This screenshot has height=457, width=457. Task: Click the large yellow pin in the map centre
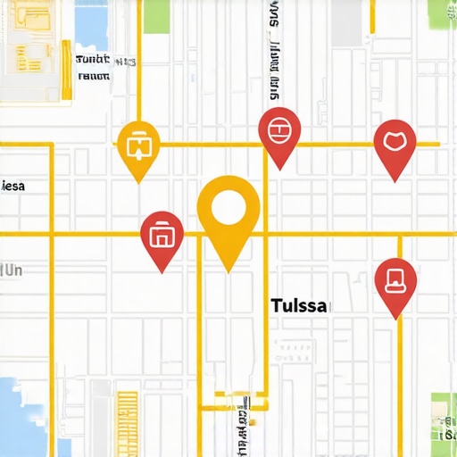click(x=228, y=214)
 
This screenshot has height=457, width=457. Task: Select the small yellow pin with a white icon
click(x=138, y=145)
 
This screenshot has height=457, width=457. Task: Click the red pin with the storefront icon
click(x=162, y=237)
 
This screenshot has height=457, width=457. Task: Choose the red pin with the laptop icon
click(x=395, y=282)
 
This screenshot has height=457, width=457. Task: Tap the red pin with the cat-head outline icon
click(x=395, y=143)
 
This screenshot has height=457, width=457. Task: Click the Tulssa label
click(x=299, y=305)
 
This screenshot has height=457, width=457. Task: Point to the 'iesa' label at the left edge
click(x=13, y=187)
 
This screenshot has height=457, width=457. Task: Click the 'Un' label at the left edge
click(x=12, y=269)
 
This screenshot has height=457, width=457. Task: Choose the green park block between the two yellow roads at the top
click(x=156, y=16)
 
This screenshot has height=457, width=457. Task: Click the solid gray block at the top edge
click(x=348, y=21)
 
